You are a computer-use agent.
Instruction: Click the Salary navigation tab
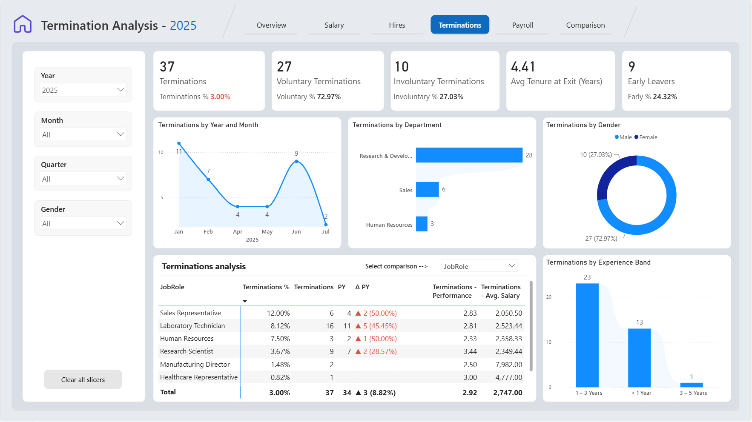tap(334, 25)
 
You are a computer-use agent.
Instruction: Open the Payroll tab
tap(522, 25)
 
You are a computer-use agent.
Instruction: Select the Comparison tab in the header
tap(586, 25)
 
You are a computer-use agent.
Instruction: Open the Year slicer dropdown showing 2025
tap(83, 90)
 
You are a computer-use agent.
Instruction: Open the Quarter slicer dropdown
tap(83, 179)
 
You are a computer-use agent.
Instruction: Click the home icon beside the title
tap(23, 24)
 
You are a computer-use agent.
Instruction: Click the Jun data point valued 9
tap(296, 161)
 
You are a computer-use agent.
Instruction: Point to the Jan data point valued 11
tap(179, 143)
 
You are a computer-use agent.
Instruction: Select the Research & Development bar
tap(469, 155)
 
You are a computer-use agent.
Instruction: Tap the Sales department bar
tap(427, 189)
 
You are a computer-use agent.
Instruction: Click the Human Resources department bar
tap(422, 224)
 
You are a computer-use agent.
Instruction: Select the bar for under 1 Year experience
tap(639, 357)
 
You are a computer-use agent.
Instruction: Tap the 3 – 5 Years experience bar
tap(692, 385)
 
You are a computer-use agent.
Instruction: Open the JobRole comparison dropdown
tap(479, 266)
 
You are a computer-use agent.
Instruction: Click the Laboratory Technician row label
tap(192, 326)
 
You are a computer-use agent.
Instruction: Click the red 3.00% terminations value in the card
tap(220, 97)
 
